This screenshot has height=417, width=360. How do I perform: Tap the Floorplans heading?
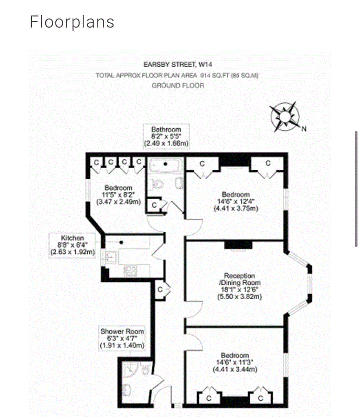point(72,22)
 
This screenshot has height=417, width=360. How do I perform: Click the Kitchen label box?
point(73,245)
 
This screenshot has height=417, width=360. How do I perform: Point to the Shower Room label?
point(122,338)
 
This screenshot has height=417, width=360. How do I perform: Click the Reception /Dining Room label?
point(239,286)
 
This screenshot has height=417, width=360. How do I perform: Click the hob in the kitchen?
point(130,270)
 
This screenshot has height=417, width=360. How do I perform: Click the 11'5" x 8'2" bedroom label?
point(118,194)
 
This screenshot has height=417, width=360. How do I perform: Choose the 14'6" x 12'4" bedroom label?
point(236,201)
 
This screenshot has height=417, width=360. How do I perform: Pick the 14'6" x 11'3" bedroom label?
point(236,362)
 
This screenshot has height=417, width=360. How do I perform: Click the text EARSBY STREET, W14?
point(177,64)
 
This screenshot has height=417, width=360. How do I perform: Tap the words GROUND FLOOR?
point(177,86)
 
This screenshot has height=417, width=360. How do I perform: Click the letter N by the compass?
point(304,129)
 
